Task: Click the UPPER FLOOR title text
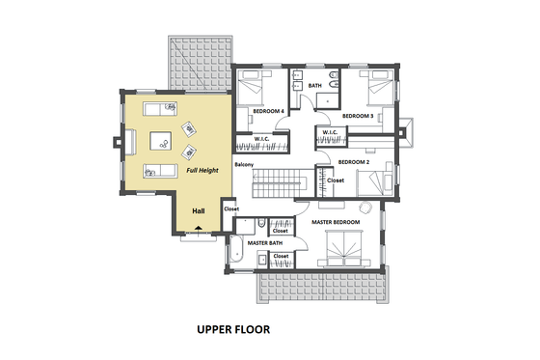pos(233,329)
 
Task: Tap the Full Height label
pos(202,171)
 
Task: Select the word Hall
pos(199,210)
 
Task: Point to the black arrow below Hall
pos(199,229)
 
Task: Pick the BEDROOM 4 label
pos(267,111)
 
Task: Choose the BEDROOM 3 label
pos(358,116)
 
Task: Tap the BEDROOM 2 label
pos(354,161)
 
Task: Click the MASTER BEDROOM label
pos(336,222)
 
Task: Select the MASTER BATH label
pos(264,243)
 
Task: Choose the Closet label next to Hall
pos(231,209)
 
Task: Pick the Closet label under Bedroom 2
pos(336,180)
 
